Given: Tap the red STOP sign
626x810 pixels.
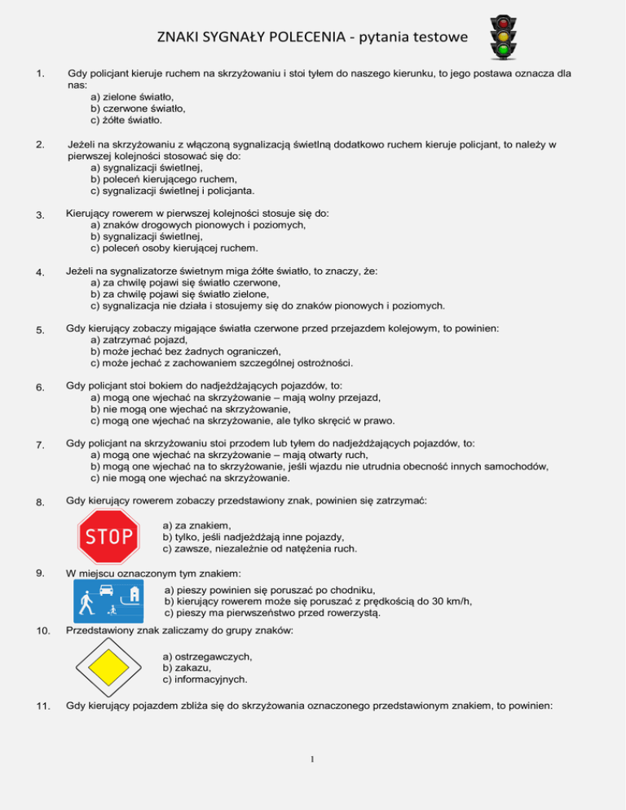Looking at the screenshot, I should pos(108,536).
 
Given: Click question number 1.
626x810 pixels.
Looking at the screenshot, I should pos(31,73).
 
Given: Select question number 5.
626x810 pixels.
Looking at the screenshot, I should pos(31,330).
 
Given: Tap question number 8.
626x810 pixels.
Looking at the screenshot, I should pos(31,501).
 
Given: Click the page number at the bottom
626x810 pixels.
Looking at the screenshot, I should pos(312,761).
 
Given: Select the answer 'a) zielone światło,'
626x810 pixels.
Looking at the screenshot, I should pos(133,96).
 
